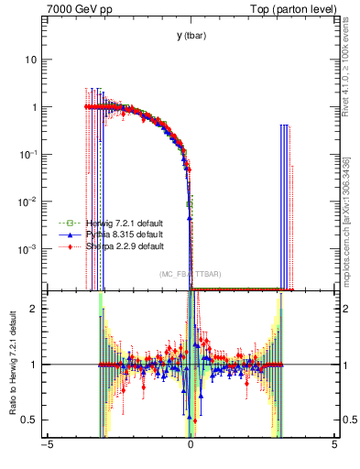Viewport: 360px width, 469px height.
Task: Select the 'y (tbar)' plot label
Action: (191, 36)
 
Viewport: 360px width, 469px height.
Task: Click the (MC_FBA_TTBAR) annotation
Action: (190, 274)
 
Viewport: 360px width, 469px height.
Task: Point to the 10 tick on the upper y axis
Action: (34, 60)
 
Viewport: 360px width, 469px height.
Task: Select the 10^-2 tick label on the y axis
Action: (31, 202)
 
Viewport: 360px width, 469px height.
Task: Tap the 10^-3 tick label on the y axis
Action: (31, 249)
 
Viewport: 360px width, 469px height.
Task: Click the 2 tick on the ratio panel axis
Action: (37, 309)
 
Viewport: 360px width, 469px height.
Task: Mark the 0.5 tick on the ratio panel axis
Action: (32, 420)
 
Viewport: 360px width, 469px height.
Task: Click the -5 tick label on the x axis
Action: (47, 446)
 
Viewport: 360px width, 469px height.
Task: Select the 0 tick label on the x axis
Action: (191, 446)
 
